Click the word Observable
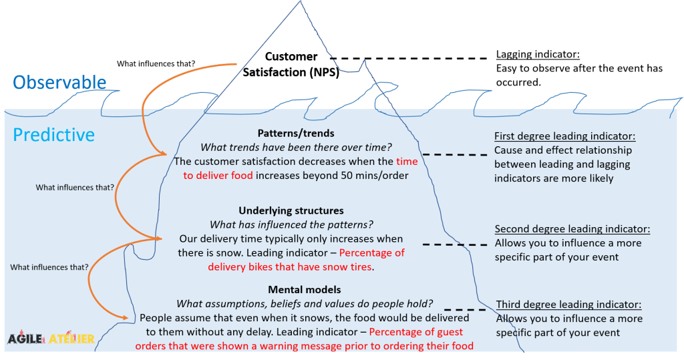59,81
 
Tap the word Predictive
54,135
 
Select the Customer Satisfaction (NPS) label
291,65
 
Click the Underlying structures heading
291,211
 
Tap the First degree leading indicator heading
564,136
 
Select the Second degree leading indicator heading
572,229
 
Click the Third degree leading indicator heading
568,305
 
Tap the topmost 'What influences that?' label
156,64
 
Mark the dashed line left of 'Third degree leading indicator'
465,309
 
